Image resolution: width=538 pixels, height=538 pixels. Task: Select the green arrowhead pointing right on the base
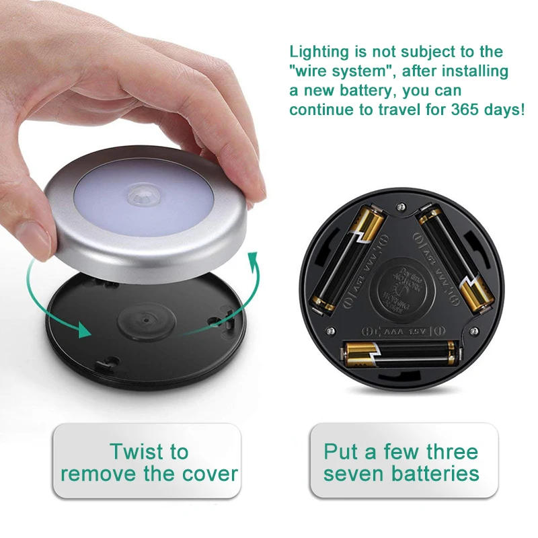pyautogui.click(x=84, y=330)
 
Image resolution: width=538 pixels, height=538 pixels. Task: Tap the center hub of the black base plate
pyautogui.click(x=137, y=317)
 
